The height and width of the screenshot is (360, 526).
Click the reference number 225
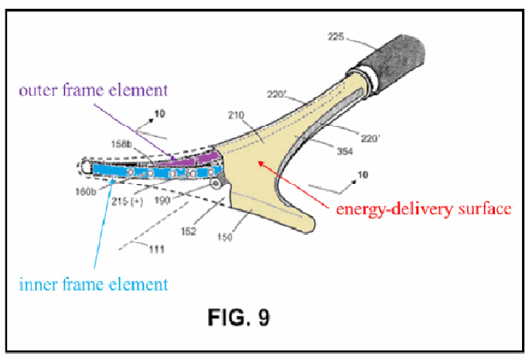336,36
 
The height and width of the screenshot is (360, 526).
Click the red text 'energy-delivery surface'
423,209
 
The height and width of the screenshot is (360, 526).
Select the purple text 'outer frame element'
93,90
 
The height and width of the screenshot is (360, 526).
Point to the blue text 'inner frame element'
93,284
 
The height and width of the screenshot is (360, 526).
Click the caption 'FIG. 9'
238,317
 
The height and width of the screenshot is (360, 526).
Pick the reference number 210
236,115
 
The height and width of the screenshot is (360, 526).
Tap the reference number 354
345,151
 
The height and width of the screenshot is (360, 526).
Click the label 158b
121,144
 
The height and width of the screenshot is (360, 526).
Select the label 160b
85,192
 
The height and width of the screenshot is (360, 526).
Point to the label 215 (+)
128,202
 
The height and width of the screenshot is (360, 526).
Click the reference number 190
163,201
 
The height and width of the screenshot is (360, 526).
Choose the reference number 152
188,231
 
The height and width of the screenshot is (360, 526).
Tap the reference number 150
225,237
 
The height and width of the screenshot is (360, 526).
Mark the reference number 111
157,249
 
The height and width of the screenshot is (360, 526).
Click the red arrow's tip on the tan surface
259,162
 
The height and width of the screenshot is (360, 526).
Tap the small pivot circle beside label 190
215,183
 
